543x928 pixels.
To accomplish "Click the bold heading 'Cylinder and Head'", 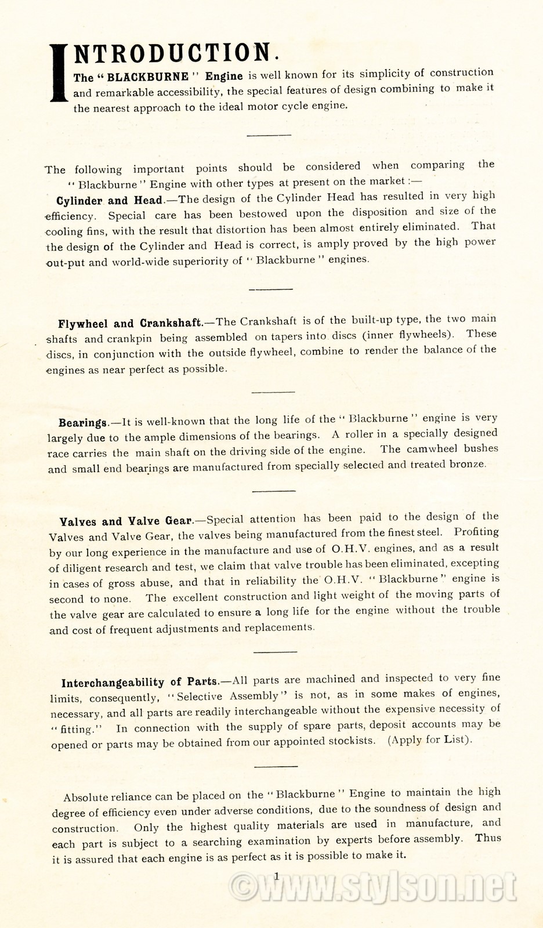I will pyautogui.click(x=109, y=201).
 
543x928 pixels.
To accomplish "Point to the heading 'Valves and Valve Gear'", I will pyautogui.click(x=126, y=521).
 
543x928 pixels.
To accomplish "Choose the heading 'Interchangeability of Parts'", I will pyautogui.click(x=139, y=681).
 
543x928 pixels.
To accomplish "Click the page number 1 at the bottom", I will pyautogui.click(x=277, y=876).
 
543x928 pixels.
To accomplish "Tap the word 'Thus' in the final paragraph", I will pyautogui.click(x=488, y=838).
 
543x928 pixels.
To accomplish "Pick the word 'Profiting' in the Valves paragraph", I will pyautogui.click(x=476, y=531).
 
